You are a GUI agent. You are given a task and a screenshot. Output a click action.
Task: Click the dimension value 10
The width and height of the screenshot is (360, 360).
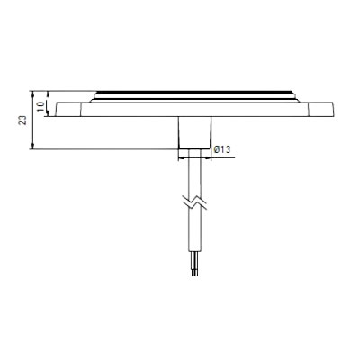coord(41,104)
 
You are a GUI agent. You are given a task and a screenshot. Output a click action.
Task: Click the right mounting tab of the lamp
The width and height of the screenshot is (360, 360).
coord(316,111)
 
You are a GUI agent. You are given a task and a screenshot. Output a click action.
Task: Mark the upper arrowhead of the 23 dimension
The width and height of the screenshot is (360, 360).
coord(34,92)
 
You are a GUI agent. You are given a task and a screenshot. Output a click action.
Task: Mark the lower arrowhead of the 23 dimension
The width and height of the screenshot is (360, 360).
coord(34,147)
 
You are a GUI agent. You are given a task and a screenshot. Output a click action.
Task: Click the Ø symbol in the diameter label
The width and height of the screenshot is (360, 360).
coord(216,148)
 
